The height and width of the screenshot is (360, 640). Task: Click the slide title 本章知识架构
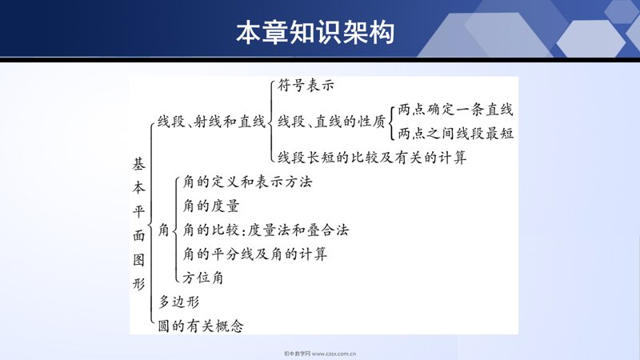[x=315, y=32]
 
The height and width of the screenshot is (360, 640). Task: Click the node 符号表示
[x=306, y=86]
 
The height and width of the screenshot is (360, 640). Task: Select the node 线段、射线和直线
[x=211, y=122]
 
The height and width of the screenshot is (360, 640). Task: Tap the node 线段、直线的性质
[x=331, y=122]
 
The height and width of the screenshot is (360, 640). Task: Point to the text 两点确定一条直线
[x=455, y=110]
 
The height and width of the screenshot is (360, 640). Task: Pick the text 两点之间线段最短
[x=455, y=134]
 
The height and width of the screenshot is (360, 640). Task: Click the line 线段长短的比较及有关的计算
[x=372, y=158]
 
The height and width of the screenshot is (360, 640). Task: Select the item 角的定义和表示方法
[x=247, y=182]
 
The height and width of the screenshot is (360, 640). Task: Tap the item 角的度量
[x=211, y=206]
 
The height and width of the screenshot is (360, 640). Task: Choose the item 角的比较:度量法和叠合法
[x=266, y=230]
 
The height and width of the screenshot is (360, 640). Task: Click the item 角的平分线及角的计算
[x=254, y=254]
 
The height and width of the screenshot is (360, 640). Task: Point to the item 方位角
[x=203, y=278]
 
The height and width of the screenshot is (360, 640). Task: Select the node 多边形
[x=178, y=302]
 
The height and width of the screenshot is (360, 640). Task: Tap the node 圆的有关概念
[x=201, y=326]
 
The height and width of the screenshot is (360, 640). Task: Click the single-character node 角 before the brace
[x=164, y=230]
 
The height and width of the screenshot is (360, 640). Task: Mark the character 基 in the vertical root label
[x=138, y=164]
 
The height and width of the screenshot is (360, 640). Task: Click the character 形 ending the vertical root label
[x=138, y=283]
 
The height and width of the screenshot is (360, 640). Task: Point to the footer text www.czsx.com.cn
[x=334, y=354]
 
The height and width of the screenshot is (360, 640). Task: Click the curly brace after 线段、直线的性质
[x=391, y=122]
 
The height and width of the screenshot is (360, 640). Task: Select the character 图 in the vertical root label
[x=138, y=259]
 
